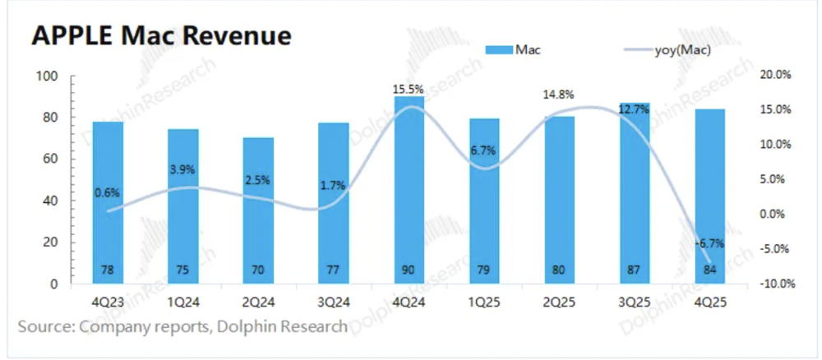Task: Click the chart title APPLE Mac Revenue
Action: point(161,37)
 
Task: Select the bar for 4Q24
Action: point(409,189)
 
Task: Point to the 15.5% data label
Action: point(409,88)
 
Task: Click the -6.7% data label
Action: point(709,243)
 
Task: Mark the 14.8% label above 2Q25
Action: point(558,95)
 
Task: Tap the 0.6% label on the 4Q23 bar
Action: point(108,193)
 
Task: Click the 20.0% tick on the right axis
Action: point(774,75)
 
